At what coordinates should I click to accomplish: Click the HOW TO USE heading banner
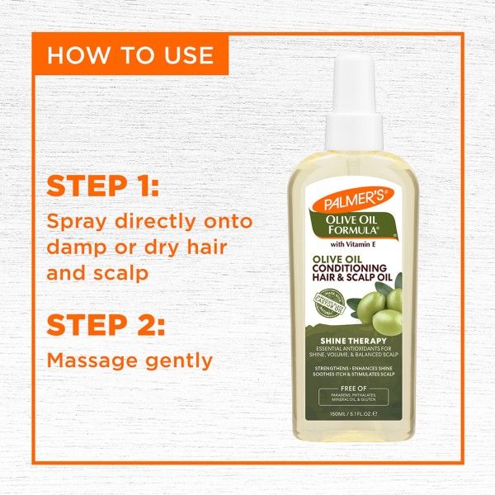[x=130, y=56]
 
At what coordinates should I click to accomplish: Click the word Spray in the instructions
[x=79, y=223]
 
